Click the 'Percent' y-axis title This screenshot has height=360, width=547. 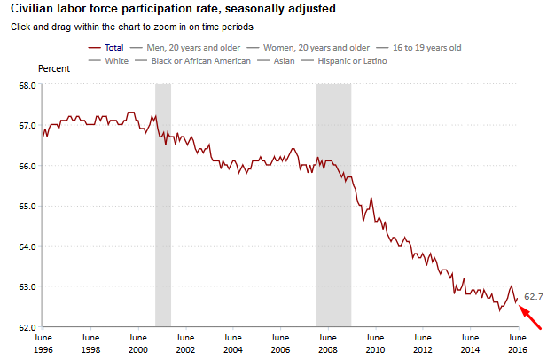(54, 68)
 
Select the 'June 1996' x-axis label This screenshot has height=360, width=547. (43, 343)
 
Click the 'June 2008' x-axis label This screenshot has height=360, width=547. (326, 343)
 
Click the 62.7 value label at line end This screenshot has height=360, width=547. (534, 296)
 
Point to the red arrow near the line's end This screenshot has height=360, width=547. (530, 315)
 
